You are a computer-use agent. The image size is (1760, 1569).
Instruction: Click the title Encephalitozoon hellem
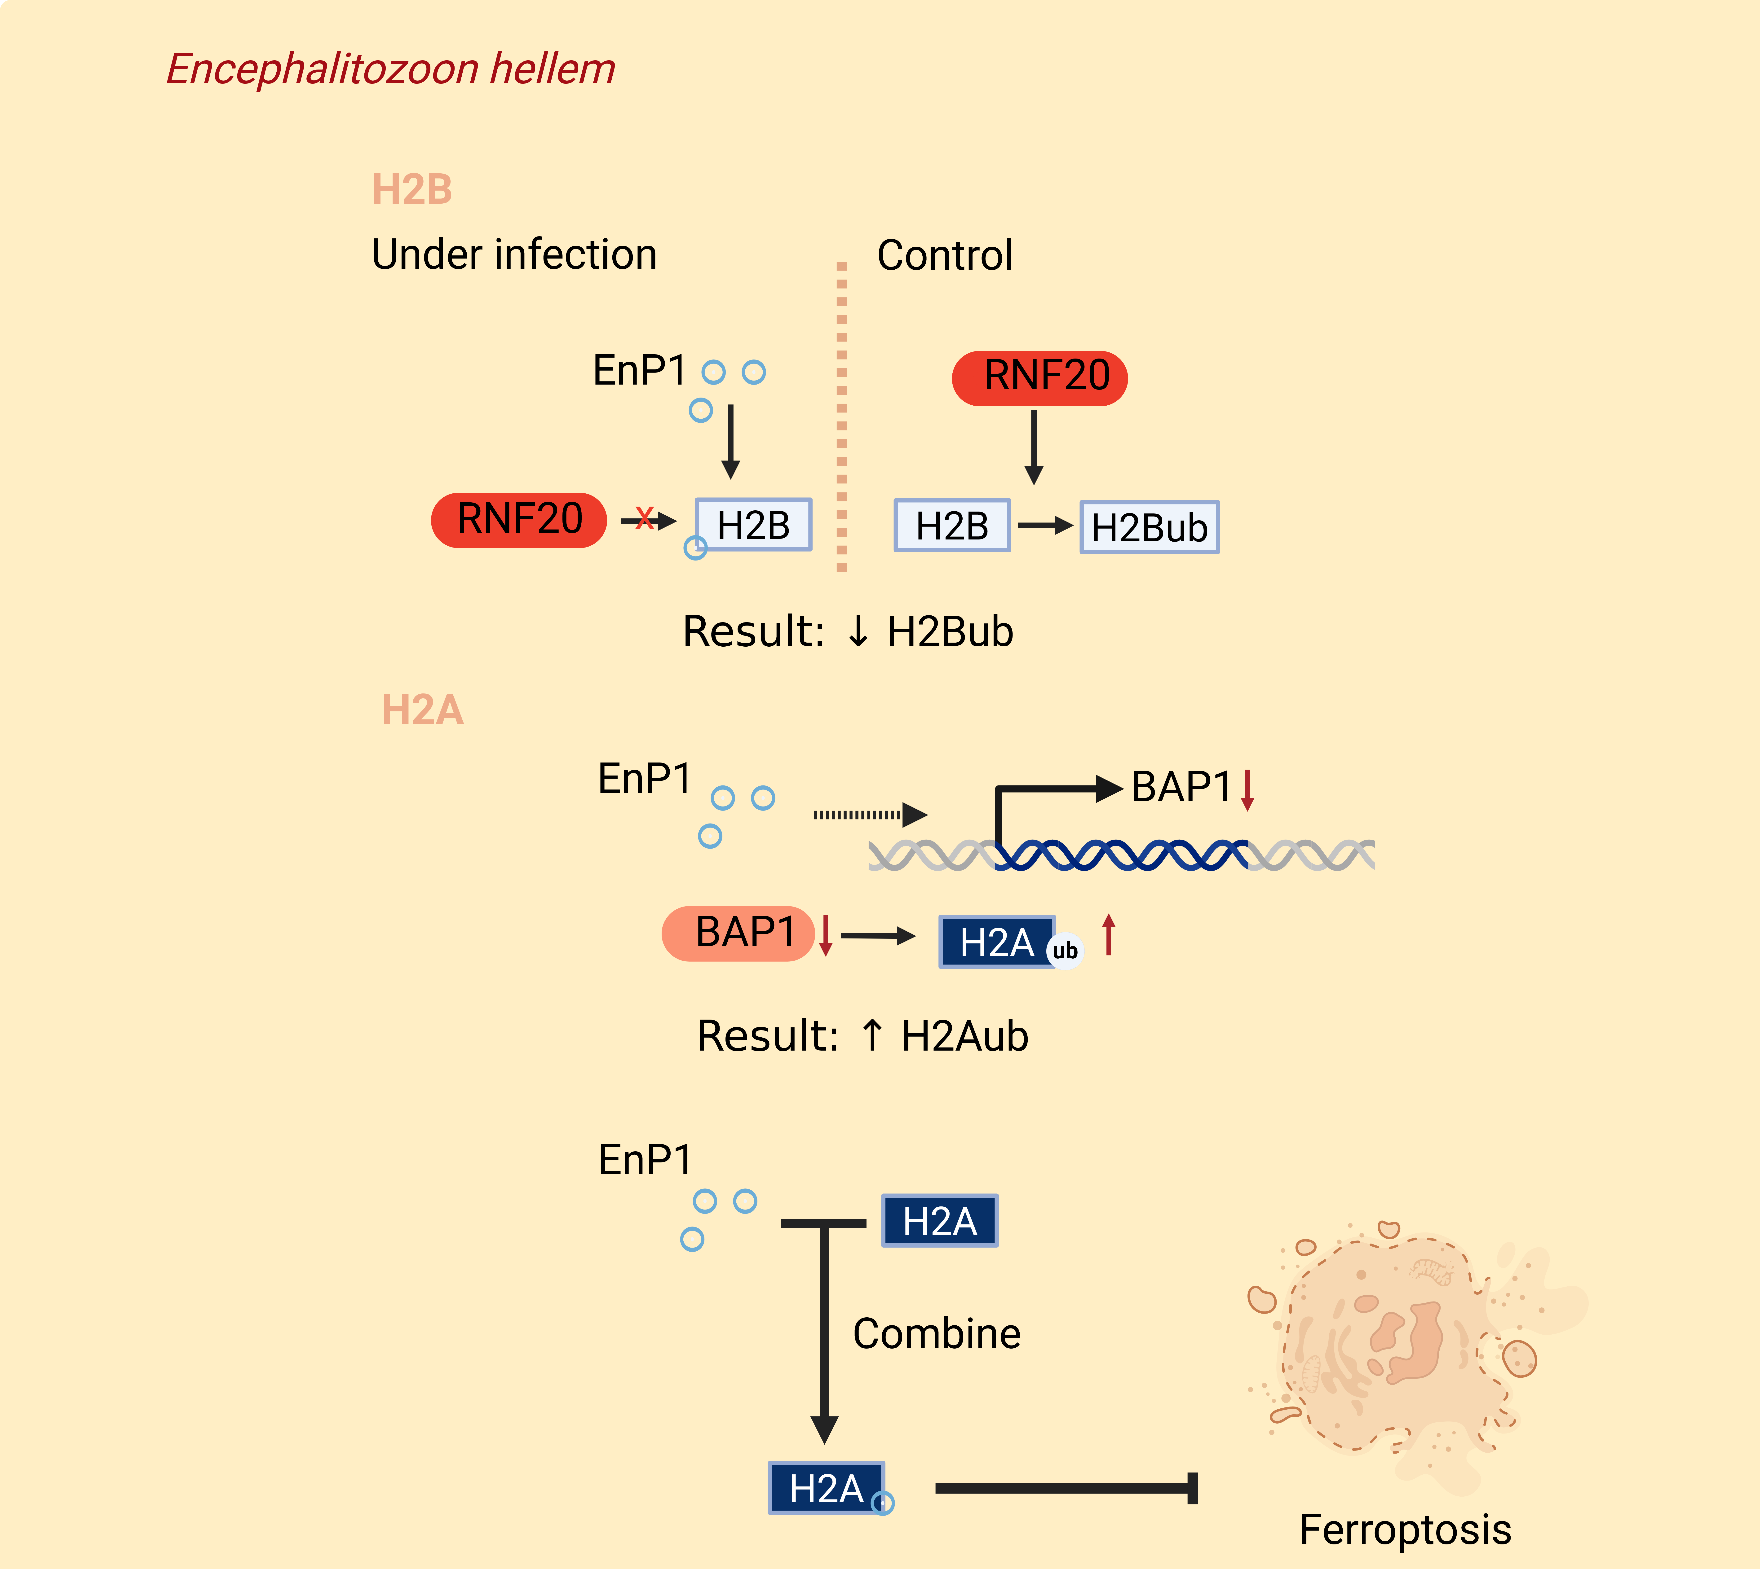point(391,69)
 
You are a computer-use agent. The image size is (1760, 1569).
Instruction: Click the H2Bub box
point(1150,527)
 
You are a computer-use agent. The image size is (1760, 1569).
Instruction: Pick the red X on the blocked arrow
point(644,518)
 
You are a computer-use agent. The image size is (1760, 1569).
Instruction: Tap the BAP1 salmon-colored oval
point(738,934)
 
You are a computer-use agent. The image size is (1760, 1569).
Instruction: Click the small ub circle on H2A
point(1065,951)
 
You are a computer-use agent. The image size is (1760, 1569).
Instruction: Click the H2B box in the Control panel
point(952,525)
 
